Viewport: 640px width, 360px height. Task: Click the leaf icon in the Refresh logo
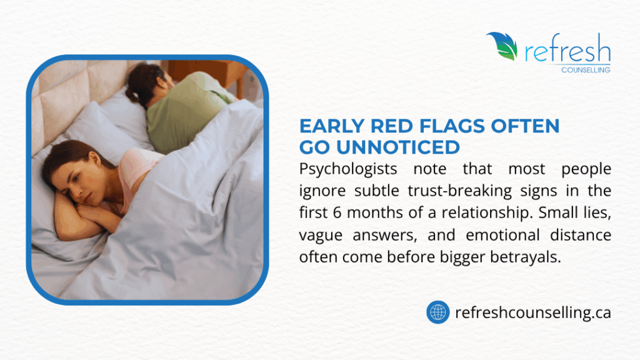(502, 46)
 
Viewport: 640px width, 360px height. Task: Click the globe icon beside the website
(438, 311)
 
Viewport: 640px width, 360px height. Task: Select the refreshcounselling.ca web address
(533, 312)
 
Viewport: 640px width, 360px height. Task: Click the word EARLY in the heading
(330, 126)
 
